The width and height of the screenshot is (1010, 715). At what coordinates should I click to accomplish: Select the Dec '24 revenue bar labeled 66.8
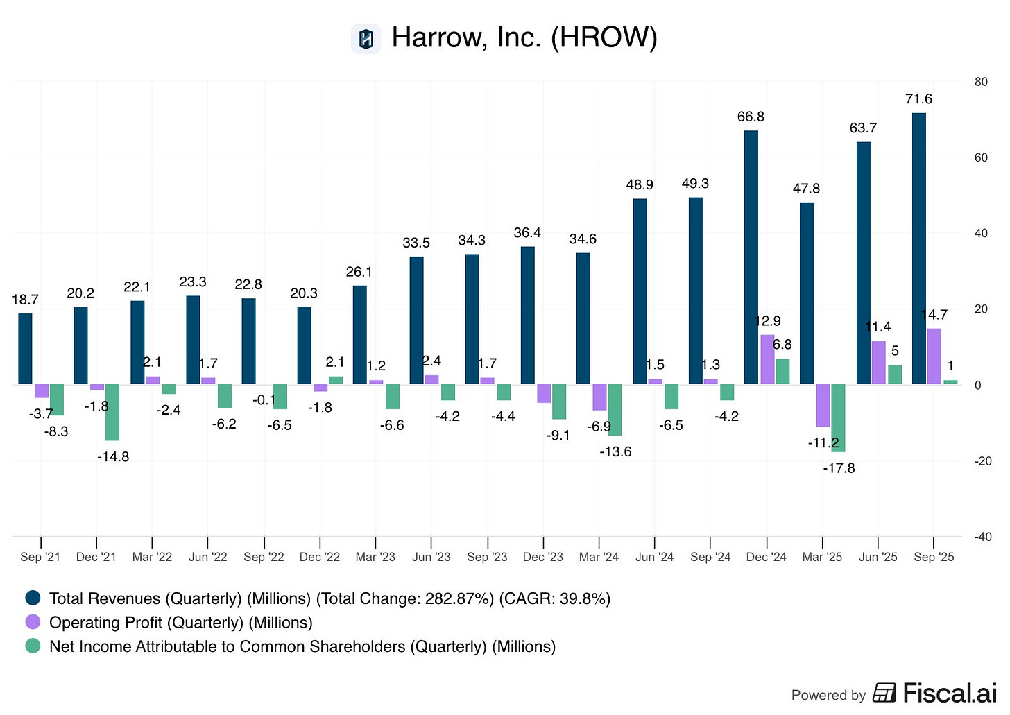point(751,257)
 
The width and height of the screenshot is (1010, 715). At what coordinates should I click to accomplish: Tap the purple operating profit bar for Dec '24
point(767,359)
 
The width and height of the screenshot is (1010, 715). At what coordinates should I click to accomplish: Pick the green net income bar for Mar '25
point(838,417)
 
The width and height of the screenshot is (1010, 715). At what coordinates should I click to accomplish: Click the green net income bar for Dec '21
point(112,412)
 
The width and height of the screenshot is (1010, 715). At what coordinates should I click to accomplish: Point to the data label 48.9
point(640,184)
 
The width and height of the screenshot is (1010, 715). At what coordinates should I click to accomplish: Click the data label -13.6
point(615,451)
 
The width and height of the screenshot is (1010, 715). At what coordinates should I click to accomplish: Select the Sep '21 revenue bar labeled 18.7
point(25,349)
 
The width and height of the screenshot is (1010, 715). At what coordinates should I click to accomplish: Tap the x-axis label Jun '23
point(431,557)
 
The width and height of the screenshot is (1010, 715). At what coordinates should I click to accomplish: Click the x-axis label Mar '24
point(599,557)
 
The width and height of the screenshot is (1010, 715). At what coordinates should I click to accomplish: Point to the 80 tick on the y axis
point(981,82)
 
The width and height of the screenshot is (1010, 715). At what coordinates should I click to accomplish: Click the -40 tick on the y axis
point(982,537)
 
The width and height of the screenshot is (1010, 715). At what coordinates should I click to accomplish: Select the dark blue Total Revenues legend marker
point(33,598)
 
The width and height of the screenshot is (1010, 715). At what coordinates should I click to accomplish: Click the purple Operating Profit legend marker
point(33,622)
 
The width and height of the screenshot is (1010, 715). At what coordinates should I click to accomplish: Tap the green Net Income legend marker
point(33,646)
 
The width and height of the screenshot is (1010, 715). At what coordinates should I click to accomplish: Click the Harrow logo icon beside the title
point(366,39)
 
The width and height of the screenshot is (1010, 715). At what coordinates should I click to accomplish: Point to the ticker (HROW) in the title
point(604,37)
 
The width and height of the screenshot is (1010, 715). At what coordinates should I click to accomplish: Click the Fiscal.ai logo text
point(949,693)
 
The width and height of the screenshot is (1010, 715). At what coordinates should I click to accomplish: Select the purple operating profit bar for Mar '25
point(823,405)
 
